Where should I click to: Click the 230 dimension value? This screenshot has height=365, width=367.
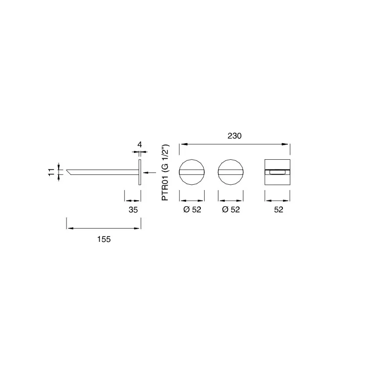tap(234, 136)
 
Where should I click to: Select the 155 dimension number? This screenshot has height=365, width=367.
tap(104, 239)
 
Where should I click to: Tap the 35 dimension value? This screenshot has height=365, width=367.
tap(133, 210)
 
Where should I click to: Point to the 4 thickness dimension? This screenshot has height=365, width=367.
tap(139, 145)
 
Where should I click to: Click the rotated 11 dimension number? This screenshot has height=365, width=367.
tap(51, 172)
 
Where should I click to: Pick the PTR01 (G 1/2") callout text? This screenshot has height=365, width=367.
tap(165, 172)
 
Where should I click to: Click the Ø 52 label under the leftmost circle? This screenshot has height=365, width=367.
tap(192, 210)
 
